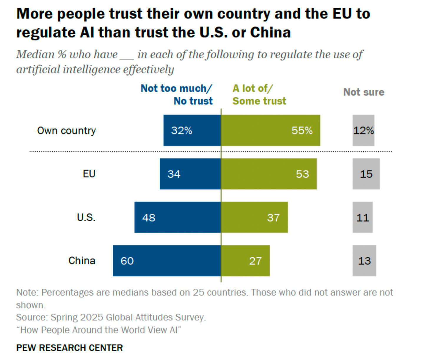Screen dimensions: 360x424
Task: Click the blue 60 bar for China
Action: pos(167,261)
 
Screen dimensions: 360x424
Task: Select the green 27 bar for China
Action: pos(245,261)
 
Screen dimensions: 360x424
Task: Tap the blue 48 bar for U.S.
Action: pos(178,217)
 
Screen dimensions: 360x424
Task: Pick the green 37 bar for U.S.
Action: pos(254,217)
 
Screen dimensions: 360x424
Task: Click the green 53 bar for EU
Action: pos(269,174)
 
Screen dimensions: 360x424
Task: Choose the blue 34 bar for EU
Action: pos(190,174)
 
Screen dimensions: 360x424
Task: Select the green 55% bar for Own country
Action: pos(271,130)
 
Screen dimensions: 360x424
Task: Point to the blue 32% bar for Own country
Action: pos(192,130)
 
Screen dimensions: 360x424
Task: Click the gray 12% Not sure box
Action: pos(363,130)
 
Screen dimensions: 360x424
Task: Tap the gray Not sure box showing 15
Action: pos(366,174)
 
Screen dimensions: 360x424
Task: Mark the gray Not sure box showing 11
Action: pos(362,217)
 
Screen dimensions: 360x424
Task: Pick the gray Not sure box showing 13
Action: pos(364,261)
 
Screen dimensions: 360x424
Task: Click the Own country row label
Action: pos(66,131)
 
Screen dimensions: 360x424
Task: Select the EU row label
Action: pos(89,174)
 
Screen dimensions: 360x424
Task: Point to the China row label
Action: pos(82,261)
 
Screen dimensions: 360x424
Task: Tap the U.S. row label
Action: pos(86,217)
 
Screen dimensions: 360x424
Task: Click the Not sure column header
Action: pos(364,92)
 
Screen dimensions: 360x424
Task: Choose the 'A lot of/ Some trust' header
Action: pos(259,95)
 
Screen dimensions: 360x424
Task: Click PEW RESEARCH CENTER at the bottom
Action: pos(69,348)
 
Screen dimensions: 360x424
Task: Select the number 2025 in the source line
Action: pos(92,317)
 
